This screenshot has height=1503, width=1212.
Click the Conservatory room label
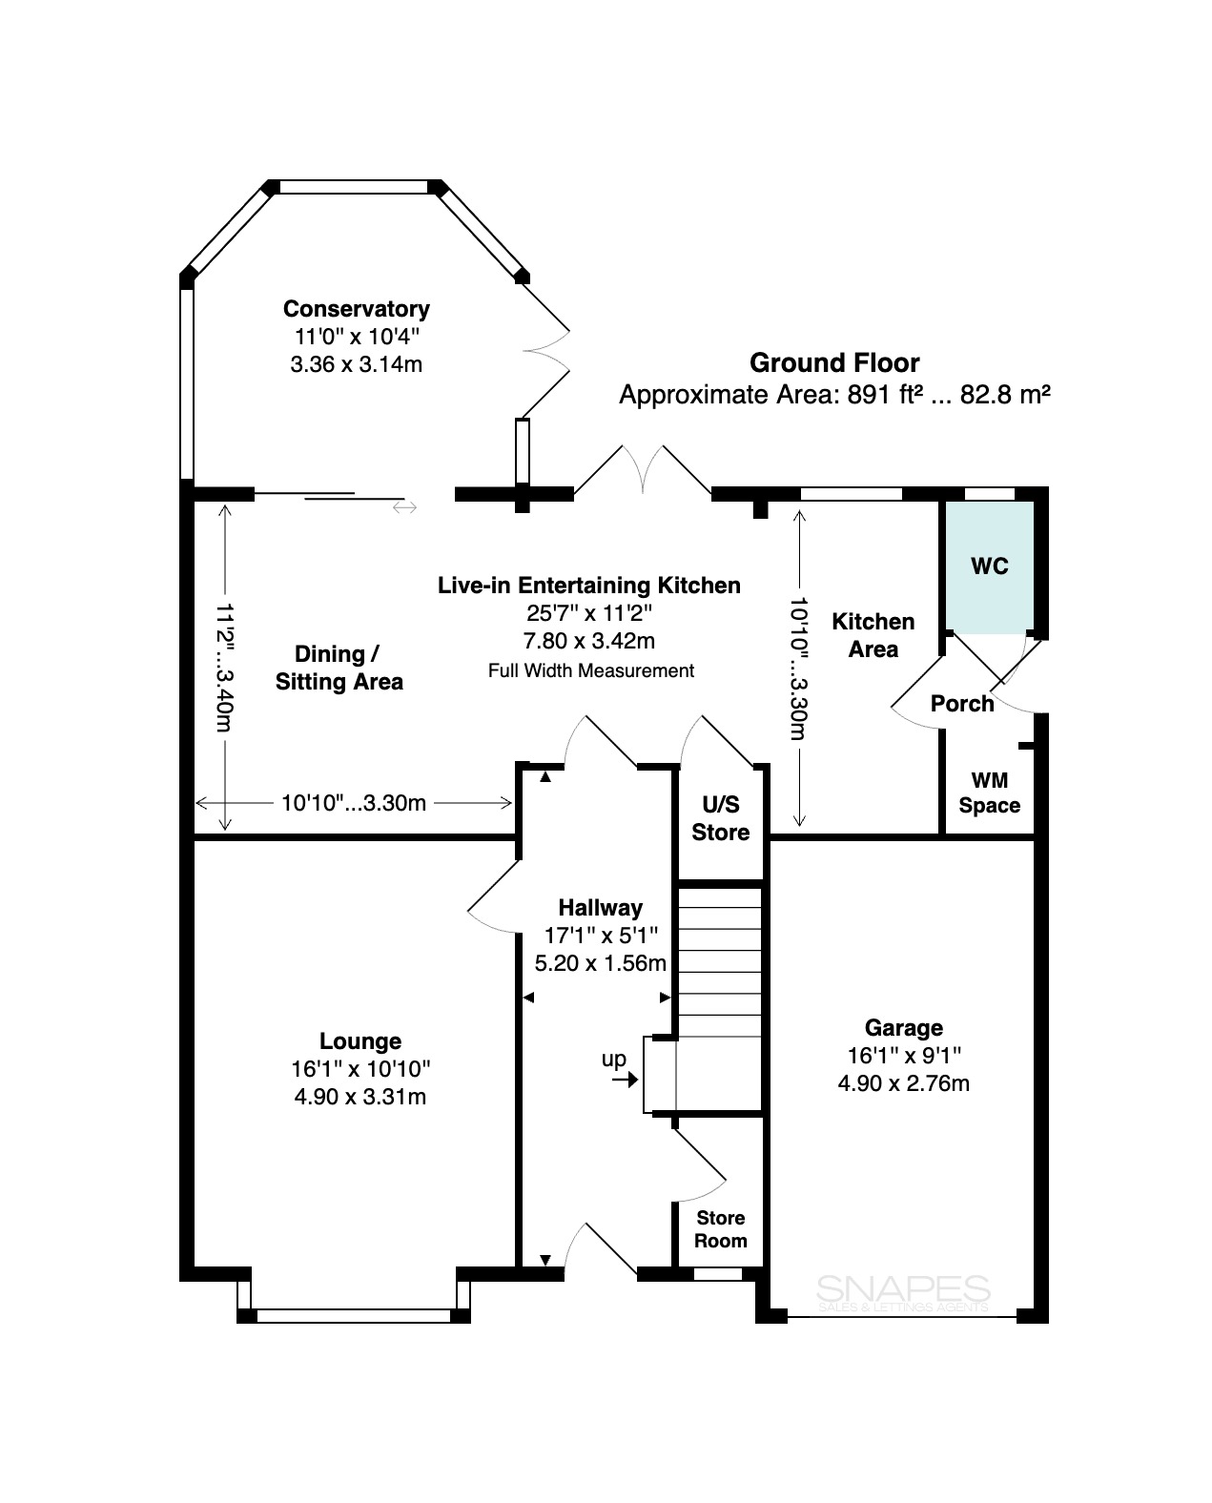tap(357, 309)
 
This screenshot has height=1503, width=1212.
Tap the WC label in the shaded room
tap(989, 566)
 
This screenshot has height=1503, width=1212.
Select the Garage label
tap(904, 1027)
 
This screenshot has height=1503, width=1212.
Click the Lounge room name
tap(360, 1040)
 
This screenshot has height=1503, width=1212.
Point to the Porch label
tap(962, 703)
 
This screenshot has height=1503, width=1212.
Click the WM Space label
tap(989, 793)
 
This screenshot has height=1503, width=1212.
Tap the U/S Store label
tap(720, 818)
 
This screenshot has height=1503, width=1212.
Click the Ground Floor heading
tap(834, 363)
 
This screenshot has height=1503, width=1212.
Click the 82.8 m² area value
tap(1004, 395)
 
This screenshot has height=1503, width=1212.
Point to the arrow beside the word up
tap(626, 1080)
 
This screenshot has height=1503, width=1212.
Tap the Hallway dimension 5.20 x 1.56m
tap(601, 963)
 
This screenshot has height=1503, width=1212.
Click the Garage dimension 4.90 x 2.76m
tap(904, 1083)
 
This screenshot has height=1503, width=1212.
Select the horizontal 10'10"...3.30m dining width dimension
tap(354, 803)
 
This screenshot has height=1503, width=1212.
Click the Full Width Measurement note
tap(591, 670)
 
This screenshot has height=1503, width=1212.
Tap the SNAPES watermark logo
tap(903, 1292)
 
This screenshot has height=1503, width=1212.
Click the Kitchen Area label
tap(873, 635)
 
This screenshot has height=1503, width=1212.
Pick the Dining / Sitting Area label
tap(339, 668)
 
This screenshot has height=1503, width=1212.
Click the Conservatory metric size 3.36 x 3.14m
tap(357, 364)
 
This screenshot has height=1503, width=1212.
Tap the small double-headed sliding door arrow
tap(404, 507)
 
